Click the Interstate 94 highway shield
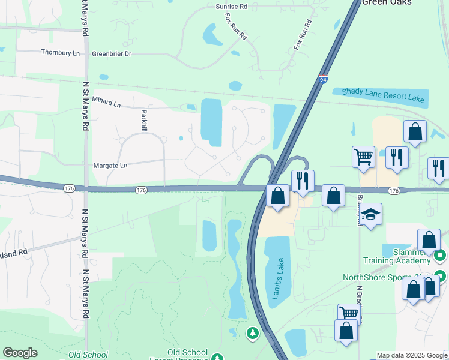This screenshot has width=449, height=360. (x=323, y=79)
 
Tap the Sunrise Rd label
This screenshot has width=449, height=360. (x=231, y=7)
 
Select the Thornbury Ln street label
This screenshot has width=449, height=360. (x=61, y=53)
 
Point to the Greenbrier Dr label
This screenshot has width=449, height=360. (x=111, y=53)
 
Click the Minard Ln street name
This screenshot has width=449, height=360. (x=106, y=101)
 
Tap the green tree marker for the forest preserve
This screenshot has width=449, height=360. (x=253, y=332)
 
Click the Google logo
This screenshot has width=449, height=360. (x=20, y=352)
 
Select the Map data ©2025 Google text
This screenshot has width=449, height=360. (x=412, y=355)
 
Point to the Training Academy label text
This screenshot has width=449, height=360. (x=397, y=260)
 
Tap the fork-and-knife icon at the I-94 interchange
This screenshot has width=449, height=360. (x=302, y=180)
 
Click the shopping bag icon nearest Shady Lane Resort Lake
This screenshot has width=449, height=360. (x=415, y=131)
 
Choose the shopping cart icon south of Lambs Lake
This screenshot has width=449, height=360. (x=349, y=313)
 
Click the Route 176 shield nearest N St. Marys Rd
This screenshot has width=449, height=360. (x=69, y=188)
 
